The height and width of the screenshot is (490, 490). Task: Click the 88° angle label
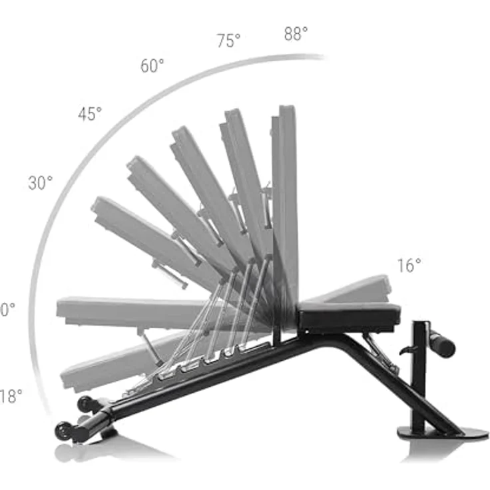click(x=296, y=34)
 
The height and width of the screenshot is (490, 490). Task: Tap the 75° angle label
click(x=228, y=41)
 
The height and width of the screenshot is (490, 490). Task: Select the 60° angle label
click(x=152, y=66)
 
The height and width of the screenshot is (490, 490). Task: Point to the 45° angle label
click(x=90, y=114)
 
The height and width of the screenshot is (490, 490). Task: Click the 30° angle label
click(x=40, y=182)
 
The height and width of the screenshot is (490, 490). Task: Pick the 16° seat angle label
click(x=409, y=266)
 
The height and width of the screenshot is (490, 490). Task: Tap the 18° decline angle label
click(x=11, y=396)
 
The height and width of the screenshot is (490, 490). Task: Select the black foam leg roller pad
click(x=441, y=344)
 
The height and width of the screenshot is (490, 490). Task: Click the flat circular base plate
click(x=443, y=433)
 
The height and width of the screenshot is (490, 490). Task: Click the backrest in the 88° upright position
click(x=286, y=200)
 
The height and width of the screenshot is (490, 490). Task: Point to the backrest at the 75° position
click(x=244, y=180)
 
